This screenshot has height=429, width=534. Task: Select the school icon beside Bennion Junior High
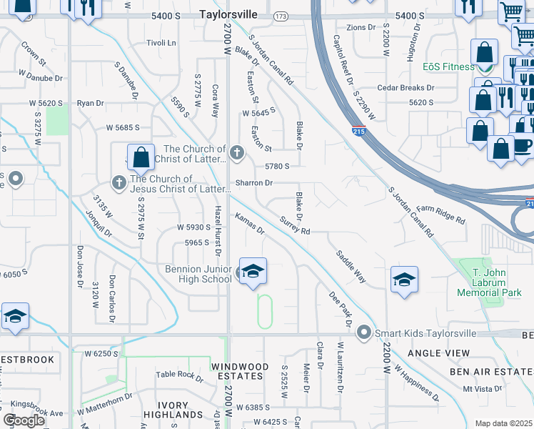click(x=253, y=272)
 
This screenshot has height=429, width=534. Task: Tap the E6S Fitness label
click(x=448, y=66)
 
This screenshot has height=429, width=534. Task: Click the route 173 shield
click(x=281, y=15)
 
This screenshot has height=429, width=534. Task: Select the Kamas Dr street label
click(x=250, y=225)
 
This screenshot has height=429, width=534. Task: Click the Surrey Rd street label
click(x=295, y=226)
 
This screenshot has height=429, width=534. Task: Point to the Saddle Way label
click(x=351, y=266)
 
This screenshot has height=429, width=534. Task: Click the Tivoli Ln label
click(x=161, y=43)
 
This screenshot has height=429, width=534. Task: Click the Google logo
click(x=24, y=420)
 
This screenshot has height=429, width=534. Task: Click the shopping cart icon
click(x=512, y=12)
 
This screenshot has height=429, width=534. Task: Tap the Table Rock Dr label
click(x=180, y=374)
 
